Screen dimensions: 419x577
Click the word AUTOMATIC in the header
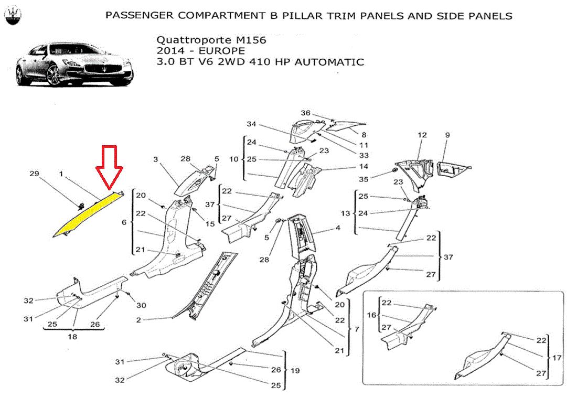click(329, 62)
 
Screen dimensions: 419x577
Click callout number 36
click(305, 113)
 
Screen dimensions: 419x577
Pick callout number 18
click(72, 337)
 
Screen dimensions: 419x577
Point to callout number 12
click(423, 135)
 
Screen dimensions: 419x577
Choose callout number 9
click(447, 135)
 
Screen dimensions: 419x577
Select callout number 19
click(295, 371)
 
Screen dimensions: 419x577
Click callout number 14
click(364, 167)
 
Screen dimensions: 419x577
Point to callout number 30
click(141, 305)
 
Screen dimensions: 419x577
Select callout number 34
click(251, 124)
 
